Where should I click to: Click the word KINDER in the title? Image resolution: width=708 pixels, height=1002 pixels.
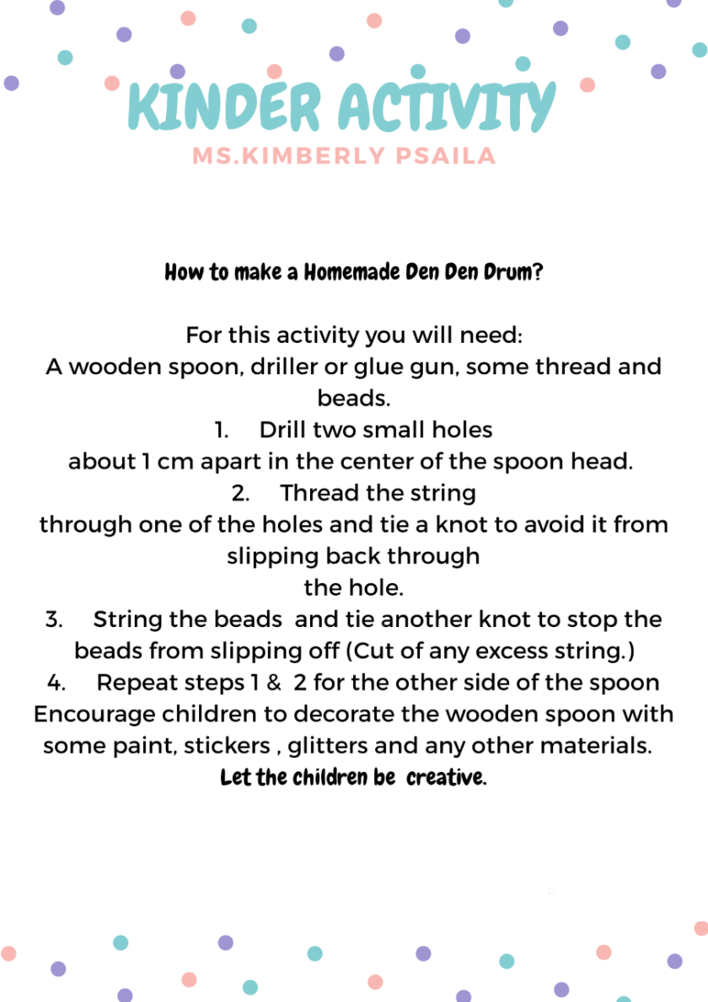coord(224,108)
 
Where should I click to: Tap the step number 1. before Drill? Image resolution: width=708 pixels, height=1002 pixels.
coord(223,430)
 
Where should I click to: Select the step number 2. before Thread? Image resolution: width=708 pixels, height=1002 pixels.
coord(240,493)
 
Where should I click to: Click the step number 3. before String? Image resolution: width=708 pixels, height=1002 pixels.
coord(54,619)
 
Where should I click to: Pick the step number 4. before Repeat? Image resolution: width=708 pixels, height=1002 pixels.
coord(56,683)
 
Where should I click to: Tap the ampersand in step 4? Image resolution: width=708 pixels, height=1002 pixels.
coord(273,683)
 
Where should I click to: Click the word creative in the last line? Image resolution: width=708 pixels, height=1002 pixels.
coord(446,777)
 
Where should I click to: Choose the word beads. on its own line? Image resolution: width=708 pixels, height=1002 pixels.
coord(354,398)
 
